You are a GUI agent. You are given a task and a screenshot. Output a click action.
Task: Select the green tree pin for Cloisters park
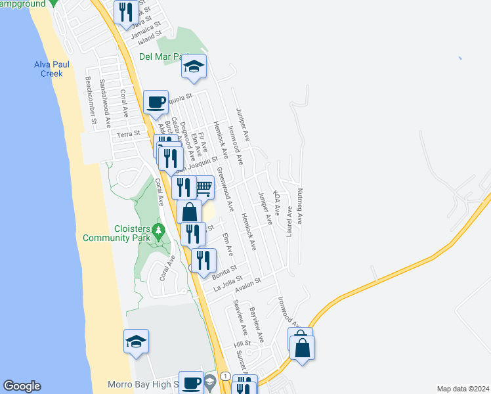158,231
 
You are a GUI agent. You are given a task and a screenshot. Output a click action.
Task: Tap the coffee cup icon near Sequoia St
156,102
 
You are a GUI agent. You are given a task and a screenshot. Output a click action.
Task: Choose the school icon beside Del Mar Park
194,66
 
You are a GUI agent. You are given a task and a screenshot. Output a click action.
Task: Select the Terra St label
129,134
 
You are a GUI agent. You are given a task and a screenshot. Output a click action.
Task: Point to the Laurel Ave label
288,217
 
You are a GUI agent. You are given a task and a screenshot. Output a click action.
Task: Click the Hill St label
242,344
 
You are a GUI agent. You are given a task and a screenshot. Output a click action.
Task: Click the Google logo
22,386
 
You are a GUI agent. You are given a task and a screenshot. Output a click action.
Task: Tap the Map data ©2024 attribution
463,389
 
